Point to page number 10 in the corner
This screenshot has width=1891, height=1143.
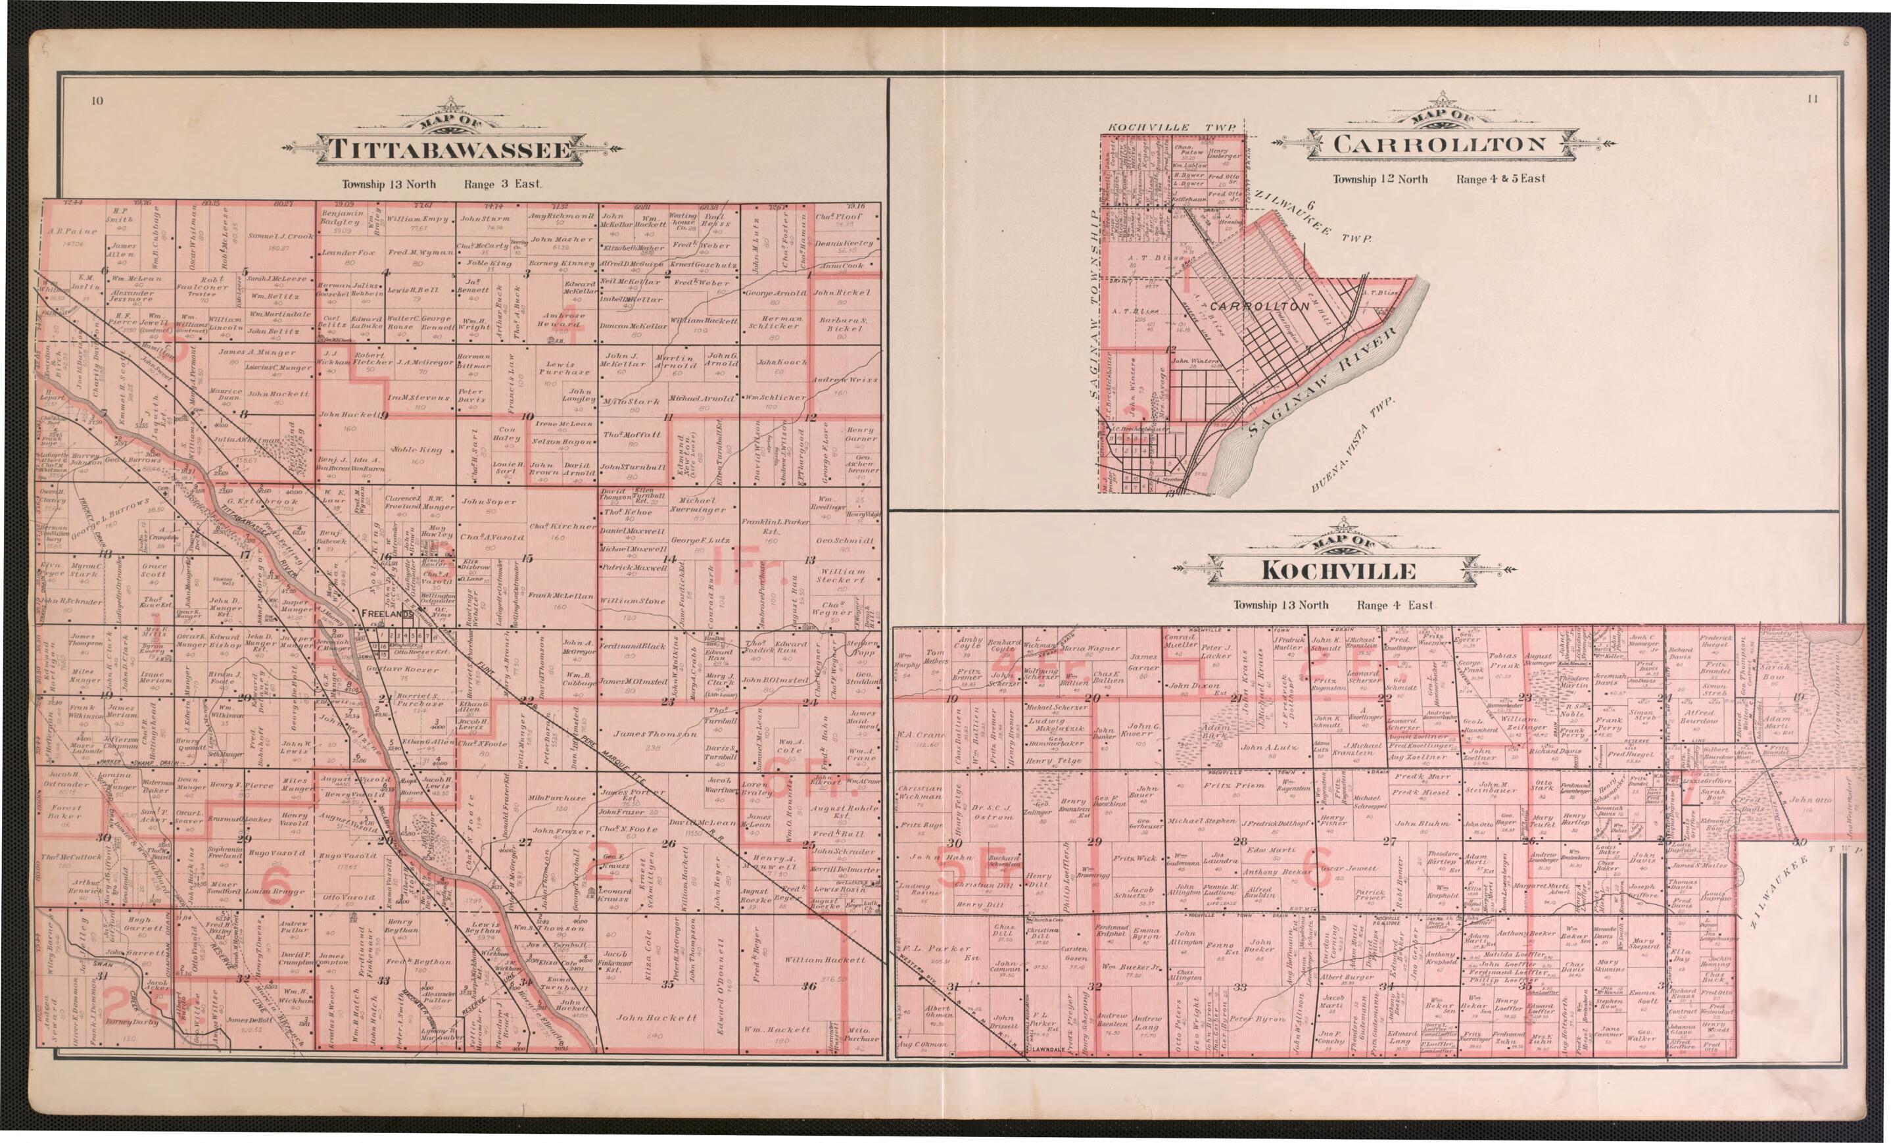[x=97, y=101]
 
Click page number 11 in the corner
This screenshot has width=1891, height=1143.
[x=1812, y=98]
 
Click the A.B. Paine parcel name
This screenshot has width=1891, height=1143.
[x=72, y=231]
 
